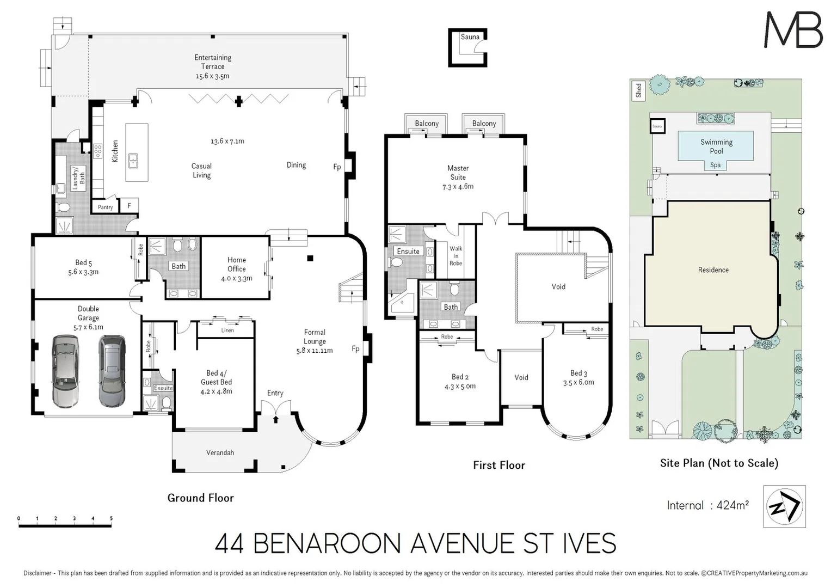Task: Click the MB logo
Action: coord(793,30)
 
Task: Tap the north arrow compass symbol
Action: coord(784,506)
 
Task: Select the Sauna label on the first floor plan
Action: coord(470,37)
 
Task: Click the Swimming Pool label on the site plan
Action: coord(716,146)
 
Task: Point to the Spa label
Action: coord(715,165)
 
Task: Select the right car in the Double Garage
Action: coord(112,371)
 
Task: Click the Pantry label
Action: coord(105,207)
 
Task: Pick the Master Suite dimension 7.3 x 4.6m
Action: coord(458,187)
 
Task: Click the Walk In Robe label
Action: coord(455,256)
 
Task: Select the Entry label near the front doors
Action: coord(275,393)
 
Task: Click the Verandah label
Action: coord(220,452)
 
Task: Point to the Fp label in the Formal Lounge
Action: coord(355,349)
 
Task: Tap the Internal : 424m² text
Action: coord(707,505)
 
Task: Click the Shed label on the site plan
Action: coord(638,90)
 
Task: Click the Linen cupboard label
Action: coord(227,330)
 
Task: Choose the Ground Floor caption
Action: coord(200,498)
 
